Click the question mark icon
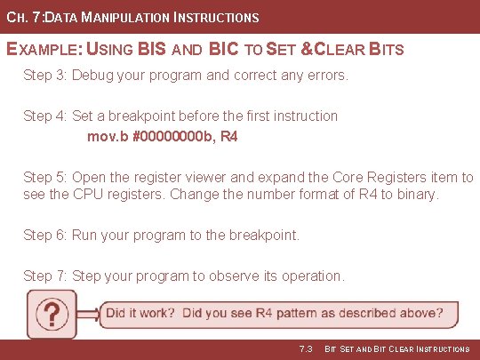(53, 314)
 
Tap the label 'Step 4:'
(45, 116)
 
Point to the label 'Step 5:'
(45, 178)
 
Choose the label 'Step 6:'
(45, 236)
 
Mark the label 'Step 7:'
(45, 276)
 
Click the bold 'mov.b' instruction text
(108, 137)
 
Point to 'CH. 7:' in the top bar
(23, 17)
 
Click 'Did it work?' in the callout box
(140, 313)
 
